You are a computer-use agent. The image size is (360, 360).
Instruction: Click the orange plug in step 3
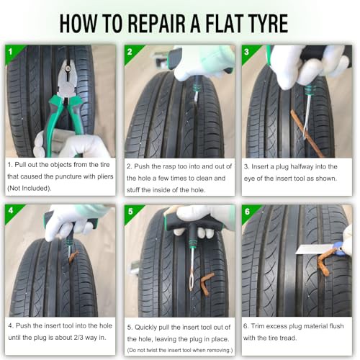point(307,133)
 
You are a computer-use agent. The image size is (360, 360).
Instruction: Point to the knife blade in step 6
point(315,249)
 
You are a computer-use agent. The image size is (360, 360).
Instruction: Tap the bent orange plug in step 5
point(206,283)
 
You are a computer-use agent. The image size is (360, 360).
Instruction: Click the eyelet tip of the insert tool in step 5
point(192,281)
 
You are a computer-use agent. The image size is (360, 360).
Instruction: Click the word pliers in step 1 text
point(105,176)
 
